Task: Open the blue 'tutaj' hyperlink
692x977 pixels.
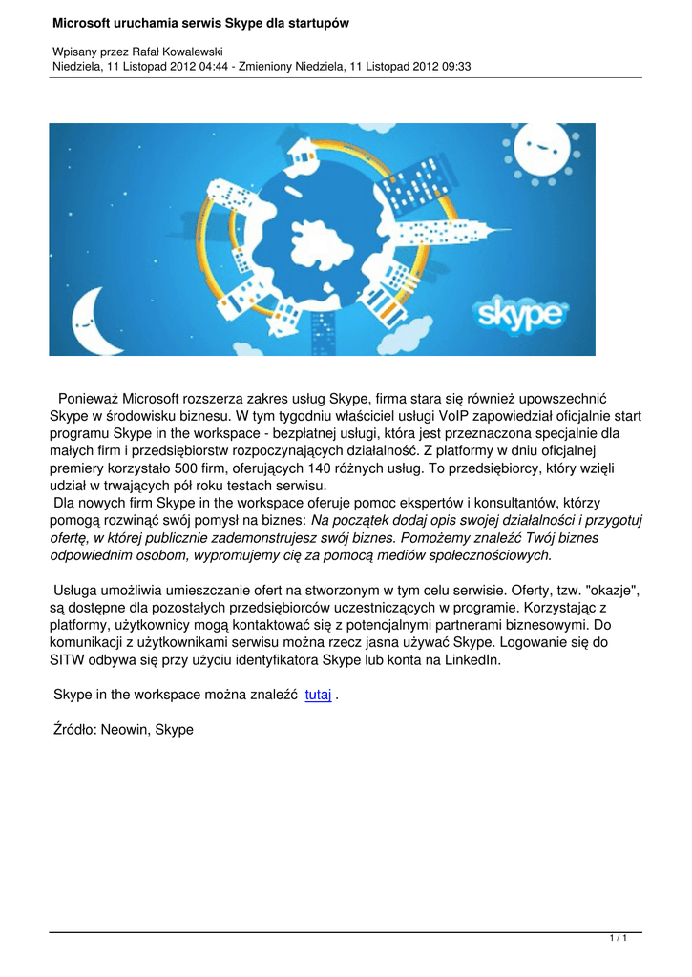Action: [318, 696]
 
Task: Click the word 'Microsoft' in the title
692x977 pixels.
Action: [87, 22]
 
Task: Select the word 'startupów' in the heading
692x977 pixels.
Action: [318, 22]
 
